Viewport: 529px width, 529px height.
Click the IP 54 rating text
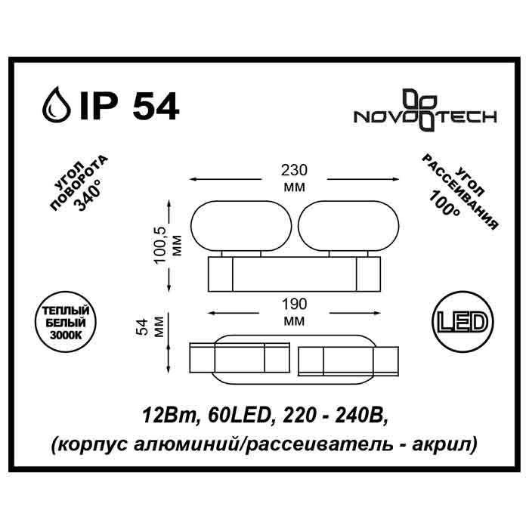click(128, 107)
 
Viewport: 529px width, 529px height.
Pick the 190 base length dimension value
click(293, 305)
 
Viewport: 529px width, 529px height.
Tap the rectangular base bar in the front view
click(292, 273)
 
